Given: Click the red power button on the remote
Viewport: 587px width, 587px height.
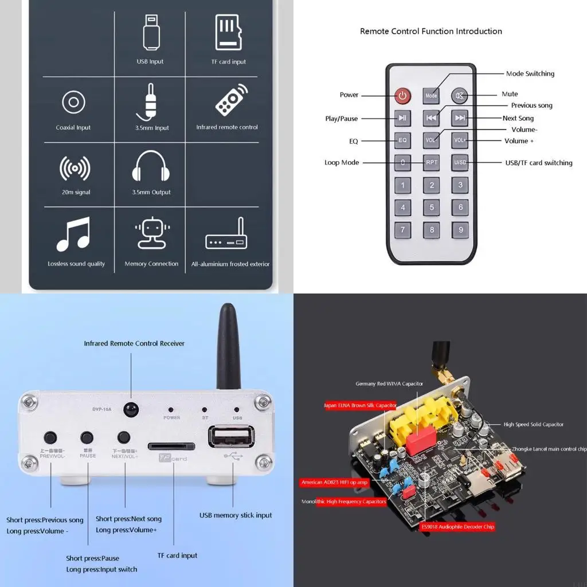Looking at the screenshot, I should [x=402, y=95].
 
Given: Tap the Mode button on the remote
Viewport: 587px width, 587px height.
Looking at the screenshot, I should [x=431, y=96].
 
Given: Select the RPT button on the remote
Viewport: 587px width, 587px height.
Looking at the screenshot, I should [x=432, y=162].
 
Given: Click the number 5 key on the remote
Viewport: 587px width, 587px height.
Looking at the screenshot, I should [x=432, y=208].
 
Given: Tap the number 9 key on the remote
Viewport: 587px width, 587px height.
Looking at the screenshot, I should [x=460, y=230].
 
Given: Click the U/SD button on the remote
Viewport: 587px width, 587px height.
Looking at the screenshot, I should [x=460, y=162].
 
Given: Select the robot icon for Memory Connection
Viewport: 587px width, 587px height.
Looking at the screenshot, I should [x=151, y=234].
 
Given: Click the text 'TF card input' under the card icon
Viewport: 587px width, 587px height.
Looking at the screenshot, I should [x=228, y=62].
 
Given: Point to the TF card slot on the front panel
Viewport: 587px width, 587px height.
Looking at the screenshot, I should [x=171, y=446].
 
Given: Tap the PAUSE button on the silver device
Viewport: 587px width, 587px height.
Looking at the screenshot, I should [x=87, y=438].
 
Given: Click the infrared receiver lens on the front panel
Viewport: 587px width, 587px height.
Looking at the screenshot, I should [x=131, y=409].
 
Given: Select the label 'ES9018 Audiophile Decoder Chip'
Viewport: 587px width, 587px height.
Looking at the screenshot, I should [x=457, y=526].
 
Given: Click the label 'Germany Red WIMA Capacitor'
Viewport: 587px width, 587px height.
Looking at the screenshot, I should [x=389, y=383].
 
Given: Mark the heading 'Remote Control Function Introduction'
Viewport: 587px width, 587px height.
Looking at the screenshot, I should [x=431, y=32].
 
